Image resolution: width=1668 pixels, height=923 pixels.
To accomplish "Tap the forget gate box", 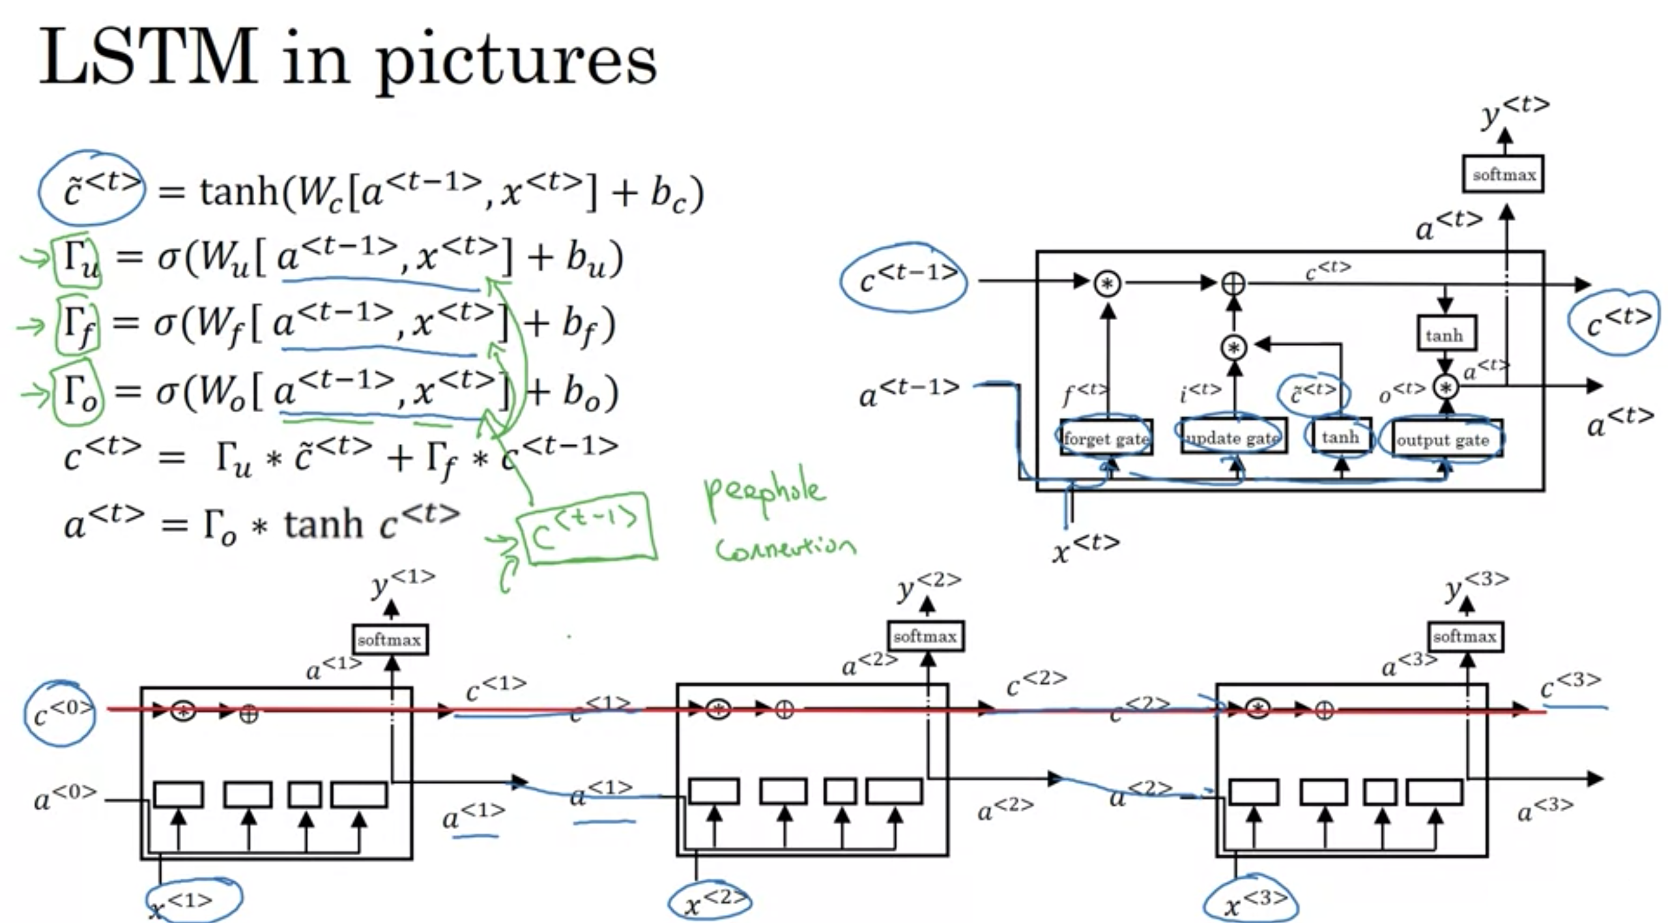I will coord(1106,438).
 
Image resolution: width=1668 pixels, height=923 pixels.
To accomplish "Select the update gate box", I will coord(1233,437).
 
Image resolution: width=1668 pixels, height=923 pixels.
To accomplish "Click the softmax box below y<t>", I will coord(1504,174).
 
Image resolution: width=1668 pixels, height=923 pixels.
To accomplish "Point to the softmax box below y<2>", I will coord(925,636).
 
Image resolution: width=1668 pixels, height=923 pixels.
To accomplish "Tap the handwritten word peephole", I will coord(765,493).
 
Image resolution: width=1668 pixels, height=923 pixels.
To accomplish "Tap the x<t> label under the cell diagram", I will coord(1085,548).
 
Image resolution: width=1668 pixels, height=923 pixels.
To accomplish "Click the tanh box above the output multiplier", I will coord(1445,335).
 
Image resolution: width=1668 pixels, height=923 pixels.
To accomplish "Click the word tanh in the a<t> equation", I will coord(323,525).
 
